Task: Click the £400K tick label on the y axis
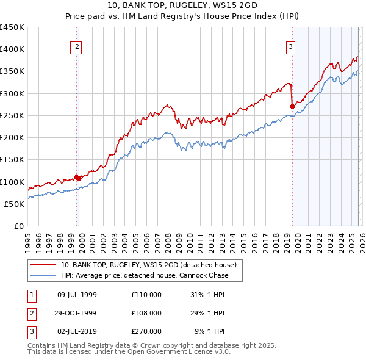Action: point(12,49)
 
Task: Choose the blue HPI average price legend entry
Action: point(144,275)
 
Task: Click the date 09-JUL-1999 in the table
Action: point(77,295)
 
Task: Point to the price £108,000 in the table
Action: point(146,313)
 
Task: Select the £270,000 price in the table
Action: point(146,331)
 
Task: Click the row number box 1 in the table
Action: point(31,295)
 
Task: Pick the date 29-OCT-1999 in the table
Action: point(77,313)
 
